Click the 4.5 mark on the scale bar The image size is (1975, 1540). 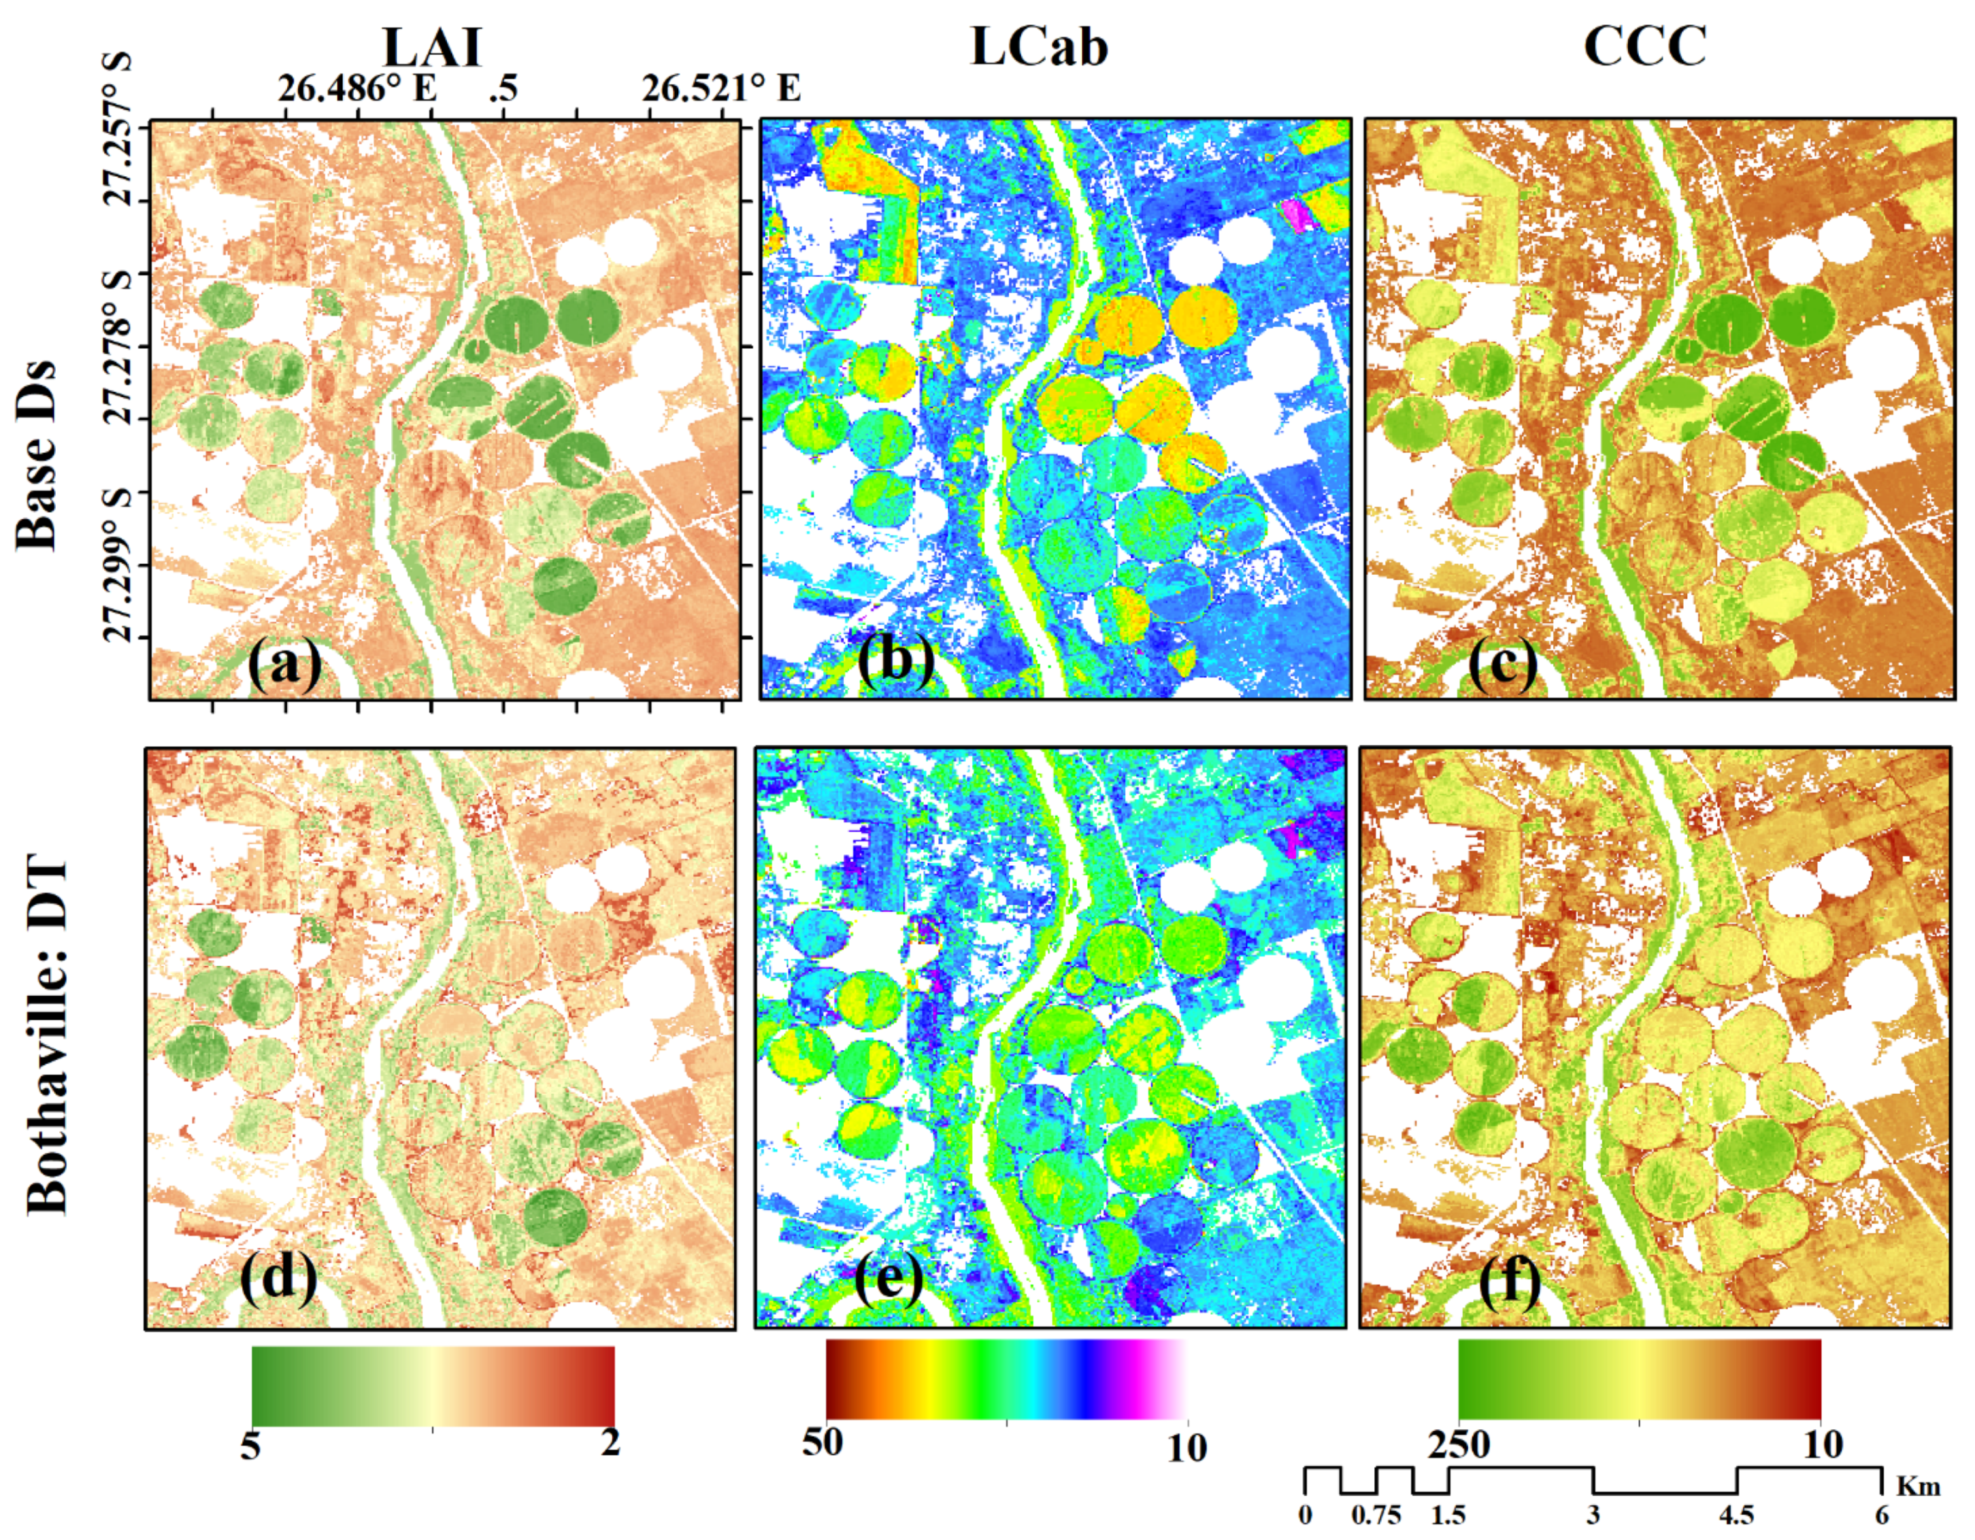(x=1736, y=1516)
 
